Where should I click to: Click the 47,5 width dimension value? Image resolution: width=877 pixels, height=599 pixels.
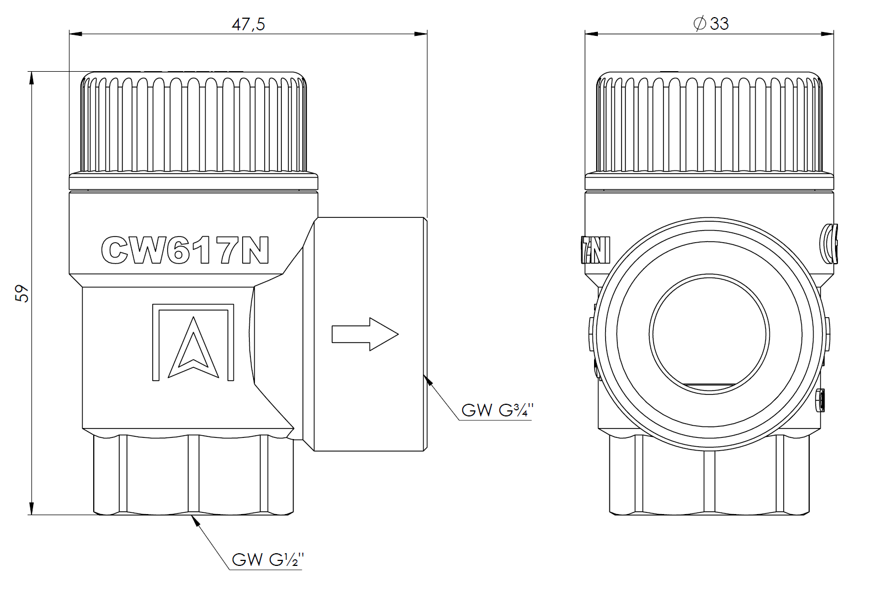tap(248, 24)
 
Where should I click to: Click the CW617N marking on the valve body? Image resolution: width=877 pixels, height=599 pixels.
tap(185, 250)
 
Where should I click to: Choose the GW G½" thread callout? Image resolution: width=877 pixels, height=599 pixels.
tap(268, 560)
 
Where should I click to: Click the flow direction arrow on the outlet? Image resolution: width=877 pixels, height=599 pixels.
tap(365, 334)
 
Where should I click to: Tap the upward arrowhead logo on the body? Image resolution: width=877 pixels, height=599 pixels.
tap(192, 347)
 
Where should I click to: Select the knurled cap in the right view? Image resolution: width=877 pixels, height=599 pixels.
tap(710, 124)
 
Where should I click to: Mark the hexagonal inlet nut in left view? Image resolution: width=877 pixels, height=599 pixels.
tap(193, 474)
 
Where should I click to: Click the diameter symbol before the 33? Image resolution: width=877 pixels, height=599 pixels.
tap(699, 24)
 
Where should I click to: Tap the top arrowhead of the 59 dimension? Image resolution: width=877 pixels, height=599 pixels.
tap(32, 77)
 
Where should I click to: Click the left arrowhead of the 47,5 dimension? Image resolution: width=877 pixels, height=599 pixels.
tap(75, 34)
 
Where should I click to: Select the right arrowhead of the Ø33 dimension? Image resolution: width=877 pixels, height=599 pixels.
tap(828, 34)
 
